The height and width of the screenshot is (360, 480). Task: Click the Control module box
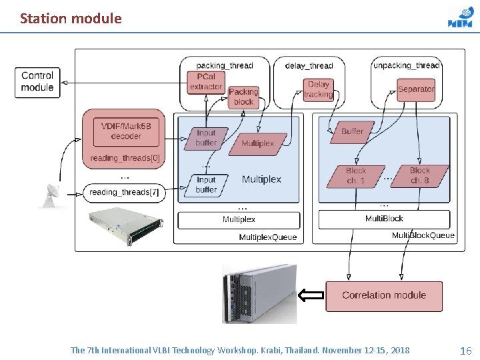click(37, 83)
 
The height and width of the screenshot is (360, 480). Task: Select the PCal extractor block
click(206, 83)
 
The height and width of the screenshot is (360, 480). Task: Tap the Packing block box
click(244, 97)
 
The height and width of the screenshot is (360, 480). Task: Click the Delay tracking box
click(319, 90)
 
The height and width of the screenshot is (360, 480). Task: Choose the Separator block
click(416, 90)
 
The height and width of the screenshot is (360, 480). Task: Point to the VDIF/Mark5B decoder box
click(126, 132)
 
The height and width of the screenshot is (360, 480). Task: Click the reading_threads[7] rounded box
click(124, 193)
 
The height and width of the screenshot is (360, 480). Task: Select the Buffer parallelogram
click(352, 132)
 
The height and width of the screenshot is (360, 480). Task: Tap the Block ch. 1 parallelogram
click(356, 176)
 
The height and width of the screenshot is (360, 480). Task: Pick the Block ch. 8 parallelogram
click(420, 176)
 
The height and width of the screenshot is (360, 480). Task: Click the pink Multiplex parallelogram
click(258, 144)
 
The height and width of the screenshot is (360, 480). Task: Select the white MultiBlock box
click(384, 219)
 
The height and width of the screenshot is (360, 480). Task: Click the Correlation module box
click(384, 296)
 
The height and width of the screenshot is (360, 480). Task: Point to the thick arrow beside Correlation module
click(311, 295)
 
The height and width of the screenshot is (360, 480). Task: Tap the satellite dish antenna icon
click(52, 196)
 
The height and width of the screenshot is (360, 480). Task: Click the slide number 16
click(465, 351)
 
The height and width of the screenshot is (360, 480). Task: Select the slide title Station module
click(71, 19)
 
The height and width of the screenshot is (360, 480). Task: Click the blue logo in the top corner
click(460, 19)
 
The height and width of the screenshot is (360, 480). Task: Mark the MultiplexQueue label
click(268, 237)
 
